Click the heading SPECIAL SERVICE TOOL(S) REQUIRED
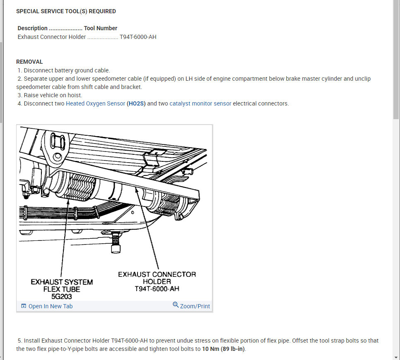point(66,11)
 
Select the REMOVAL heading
point(29,62)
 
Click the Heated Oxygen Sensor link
point(95,103)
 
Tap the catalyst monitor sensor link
point(200,103)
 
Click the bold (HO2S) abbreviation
point(136,103)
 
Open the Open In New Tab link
point(50,306)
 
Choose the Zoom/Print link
point(195,306)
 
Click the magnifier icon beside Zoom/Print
point(176,305)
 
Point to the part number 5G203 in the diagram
point(62,296)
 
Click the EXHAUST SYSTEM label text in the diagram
point(62,282)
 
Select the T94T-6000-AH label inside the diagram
point(157,289)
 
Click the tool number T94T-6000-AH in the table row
point(138,37)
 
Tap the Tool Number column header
point(101,28)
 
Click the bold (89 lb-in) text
point(234,349)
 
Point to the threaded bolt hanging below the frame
point(116,244)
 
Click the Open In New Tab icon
point(24,306)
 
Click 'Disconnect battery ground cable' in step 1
point(67,70)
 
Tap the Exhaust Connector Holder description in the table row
point(52,37)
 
